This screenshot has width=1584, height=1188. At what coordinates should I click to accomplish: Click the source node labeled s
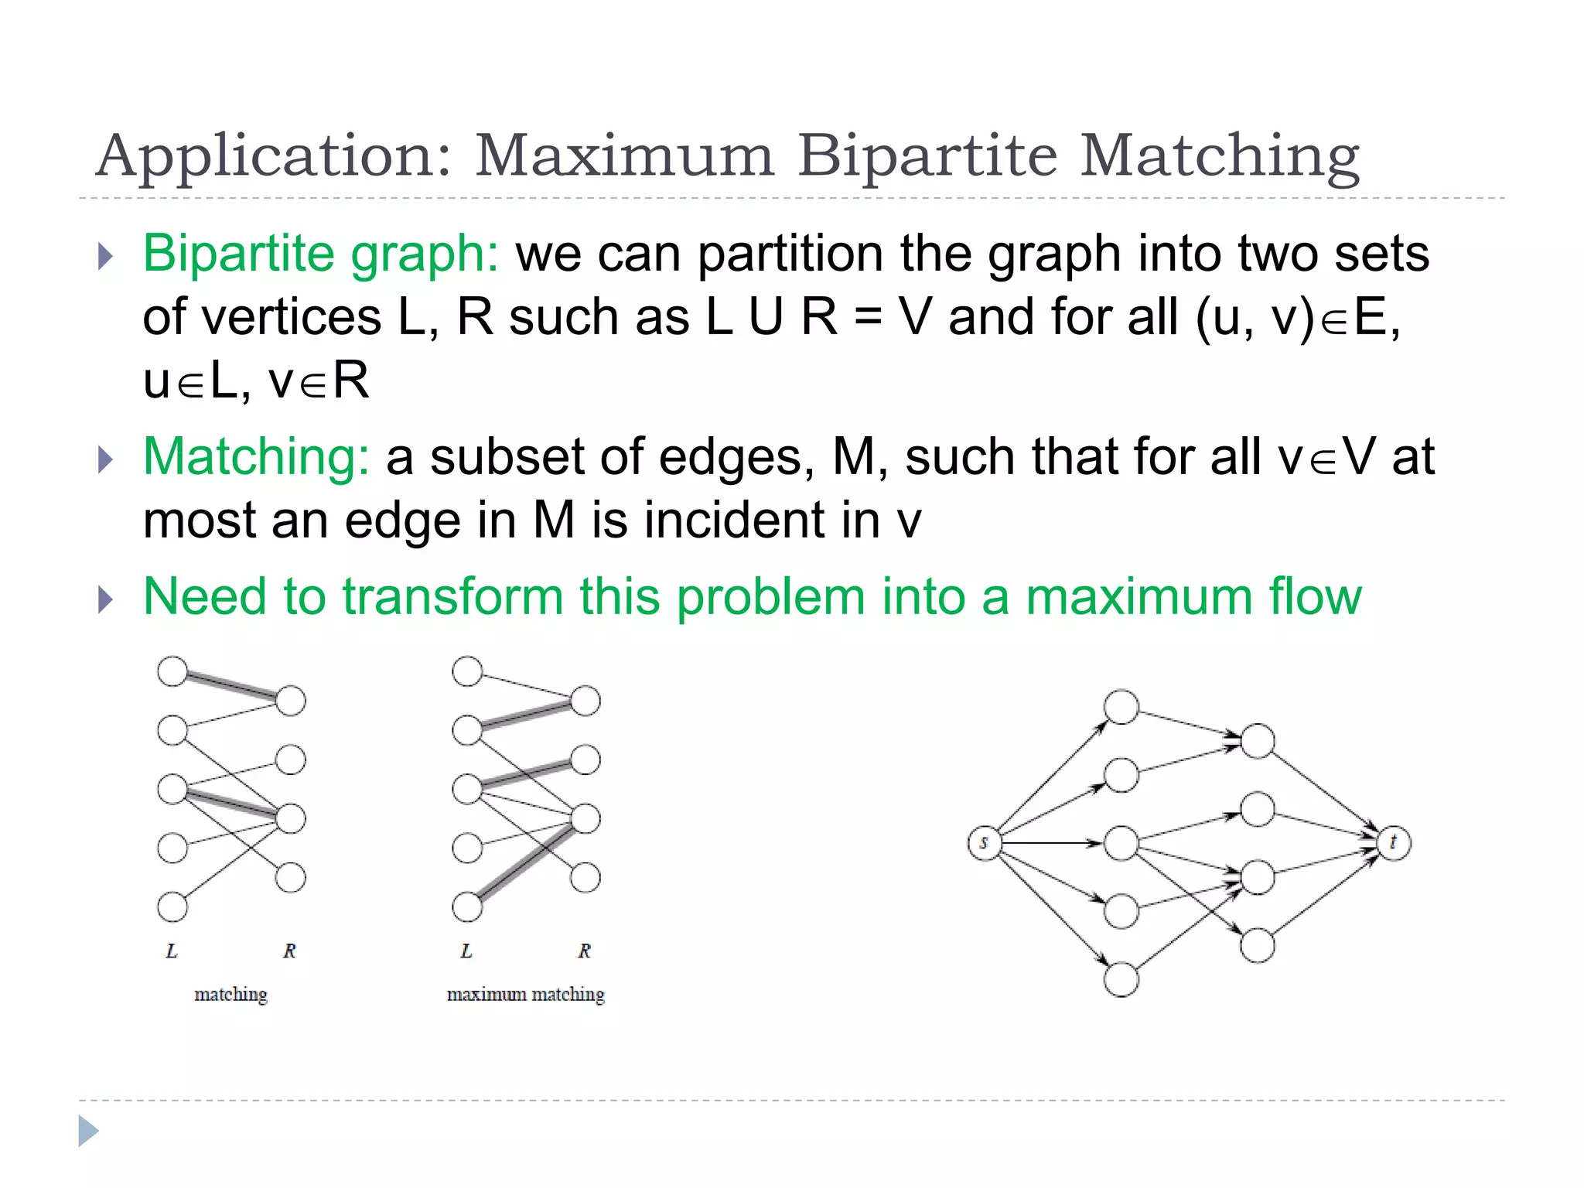[x=984, y=842]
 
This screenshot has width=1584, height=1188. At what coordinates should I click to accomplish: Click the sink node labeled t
[x=1394, y=842]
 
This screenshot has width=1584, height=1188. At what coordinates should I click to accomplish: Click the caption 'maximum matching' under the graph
[x=526, y=994]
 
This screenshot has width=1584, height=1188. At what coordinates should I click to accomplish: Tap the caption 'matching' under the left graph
[x=230, y=994]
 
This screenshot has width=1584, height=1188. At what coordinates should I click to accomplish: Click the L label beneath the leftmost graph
[x=172, y=951]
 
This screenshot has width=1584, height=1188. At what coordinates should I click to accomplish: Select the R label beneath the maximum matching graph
[x=584, y=951]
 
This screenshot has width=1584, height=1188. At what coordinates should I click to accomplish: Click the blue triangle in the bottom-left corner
[x=88, y=1131]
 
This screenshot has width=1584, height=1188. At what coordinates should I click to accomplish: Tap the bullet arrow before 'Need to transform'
[x=106, y=599]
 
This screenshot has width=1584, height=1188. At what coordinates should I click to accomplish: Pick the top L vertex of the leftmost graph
[x=172, y=671]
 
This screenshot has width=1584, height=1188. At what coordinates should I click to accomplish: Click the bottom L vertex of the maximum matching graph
[x=467, y=906]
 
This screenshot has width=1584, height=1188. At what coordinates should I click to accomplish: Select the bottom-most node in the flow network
[x=1121, y=979]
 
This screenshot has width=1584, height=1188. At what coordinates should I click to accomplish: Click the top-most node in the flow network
[x=1121, y=707]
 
